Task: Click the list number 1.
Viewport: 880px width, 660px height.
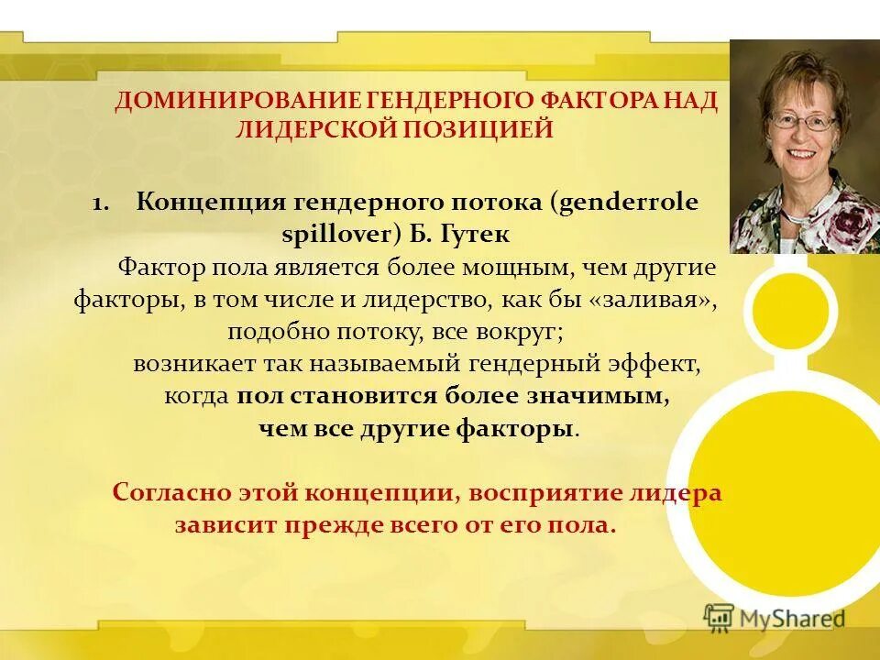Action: click(101, 203)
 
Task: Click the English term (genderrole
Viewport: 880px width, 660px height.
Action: click(624, 203)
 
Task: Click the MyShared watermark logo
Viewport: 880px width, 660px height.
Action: click(775, 618)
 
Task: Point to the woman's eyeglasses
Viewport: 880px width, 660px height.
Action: click(804, 120)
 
